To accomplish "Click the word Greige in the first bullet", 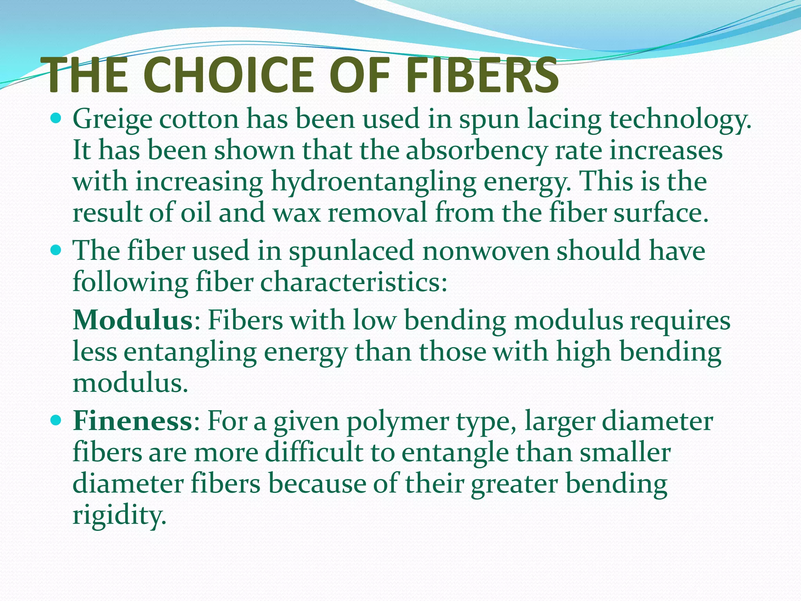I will (x=112, y=119).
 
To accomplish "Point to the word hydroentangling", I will (x=374, y=182).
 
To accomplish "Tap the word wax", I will (x=296, y=214).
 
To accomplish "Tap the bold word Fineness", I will (x=132, y=421).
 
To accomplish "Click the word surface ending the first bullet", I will (x=661, y=214).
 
